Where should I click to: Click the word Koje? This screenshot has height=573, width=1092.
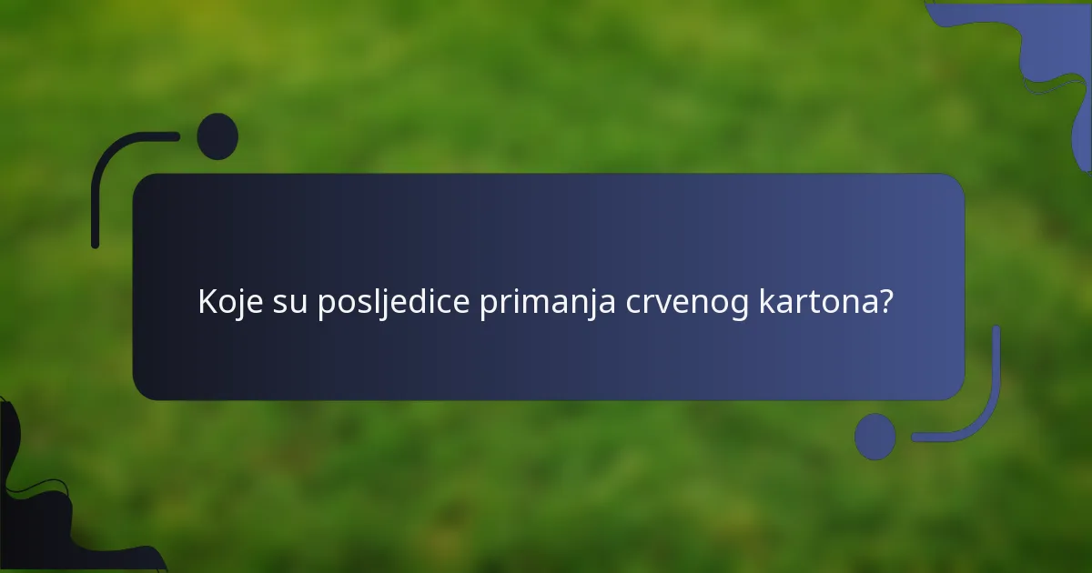pyautogui.click(x=230, y=302)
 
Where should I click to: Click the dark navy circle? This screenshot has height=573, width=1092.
pyautogui.click(x=217, y=136)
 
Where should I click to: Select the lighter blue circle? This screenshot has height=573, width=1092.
pyautogui.click(x=875, y=437)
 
